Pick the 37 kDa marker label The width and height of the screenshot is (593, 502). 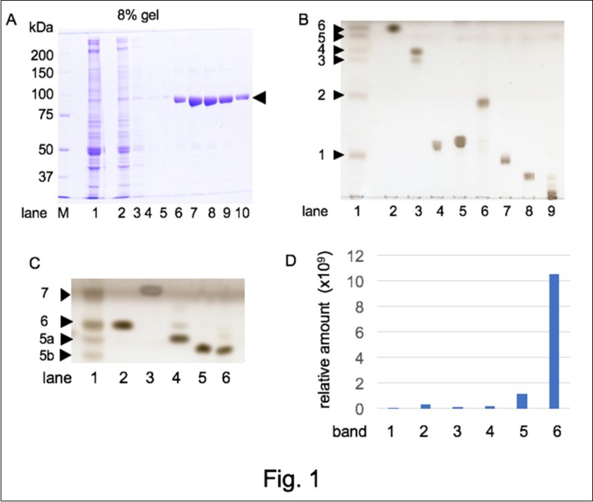(x=45, y=177)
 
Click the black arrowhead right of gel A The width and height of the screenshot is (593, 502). (x=259, y=98)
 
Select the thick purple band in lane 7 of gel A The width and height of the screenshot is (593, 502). (x=195, y=101)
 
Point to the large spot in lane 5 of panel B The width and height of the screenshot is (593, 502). (x=459, y=141)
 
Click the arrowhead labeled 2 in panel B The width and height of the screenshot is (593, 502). (x=339, y=96)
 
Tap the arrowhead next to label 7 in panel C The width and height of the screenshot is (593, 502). (x=65, y=294)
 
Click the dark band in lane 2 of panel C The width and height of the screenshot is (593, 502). (x=122, y=325)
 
